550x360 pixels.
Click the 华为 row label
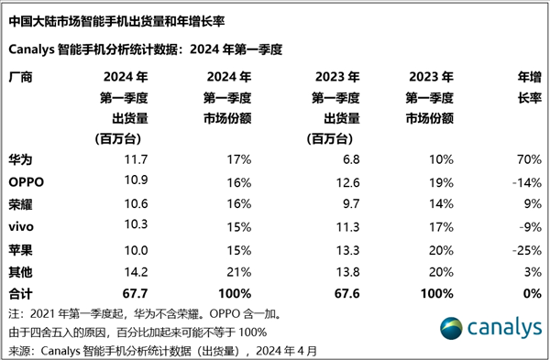[20, 159]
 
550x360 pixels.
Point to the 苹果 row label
[20, 249]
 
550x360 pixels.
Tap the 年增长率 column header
[523, 88]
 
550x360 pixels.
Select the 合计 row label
[20, 293]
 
